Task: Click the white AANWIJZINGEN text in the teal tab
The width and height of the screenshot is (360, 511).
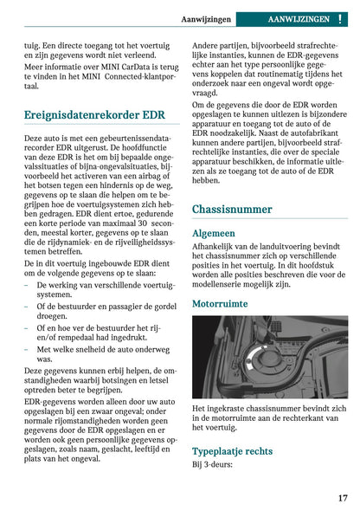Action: (299, 18)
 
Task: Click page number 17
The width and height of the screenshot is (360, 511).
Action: (342, 498)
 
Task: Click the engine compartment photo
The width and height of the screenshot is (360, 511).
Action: (270, 356)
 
